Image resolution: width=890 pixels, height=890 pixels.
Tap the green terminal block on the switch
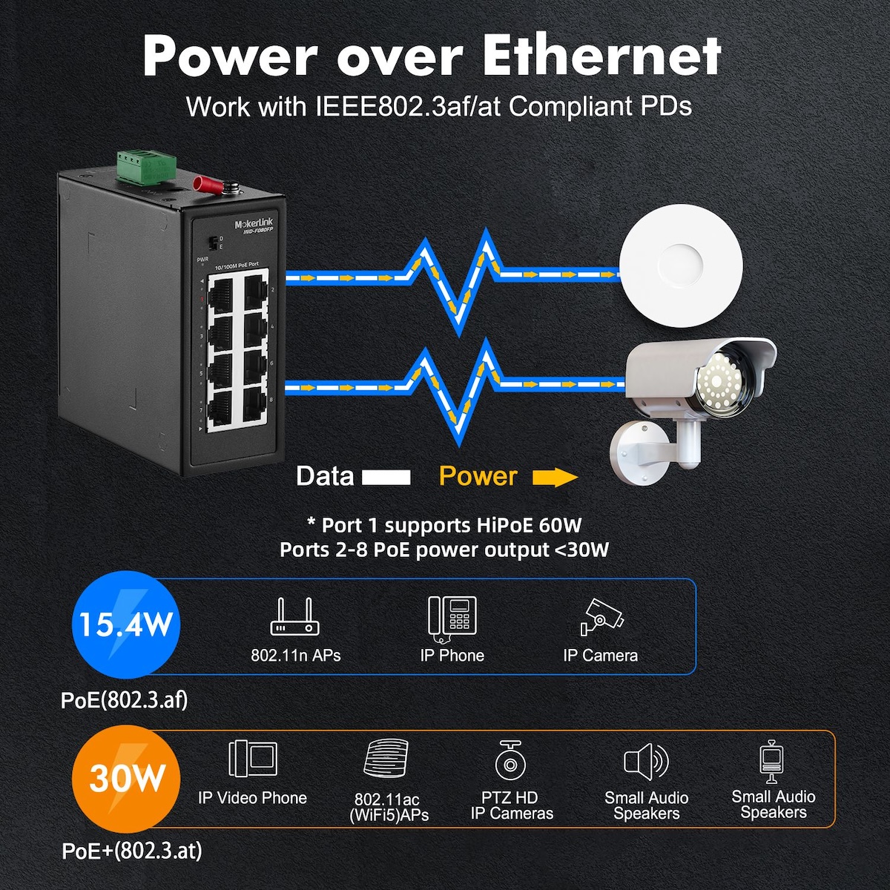click(146, 167)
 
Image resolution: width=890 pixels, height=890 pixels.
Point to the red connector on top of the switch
click(207, 184)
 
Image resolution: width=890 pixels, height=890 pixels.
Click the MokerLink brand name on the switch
click(254, 224)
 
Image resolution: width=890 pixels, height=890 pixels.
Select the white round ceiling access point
click(681, 266)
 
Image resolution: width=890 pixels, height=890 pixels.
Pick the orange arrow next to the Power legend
click(555, 477)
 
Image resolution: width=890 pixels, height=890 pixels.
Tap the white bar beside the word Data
click(386, 477)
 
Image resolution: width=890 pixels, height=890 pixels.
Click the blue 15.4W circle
click(125, 624)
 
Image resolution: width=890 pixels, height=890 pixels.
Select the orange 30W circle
click(125, 778)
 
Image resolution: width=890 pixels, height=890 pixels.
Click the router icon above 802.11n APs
click(294, 616)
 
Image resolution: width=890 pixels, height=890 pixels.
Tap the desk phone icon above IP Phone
click(452, 619)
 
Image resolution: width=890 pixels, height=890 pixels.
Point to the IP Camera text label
click(601, 656)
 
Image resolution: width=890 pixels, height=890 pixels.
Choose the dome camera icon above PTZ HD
click(510, 761)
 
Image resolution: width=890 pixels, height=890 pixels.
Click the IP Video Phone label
click(252, 797)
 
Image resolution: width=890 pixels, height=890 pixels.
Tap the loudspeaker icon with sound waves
click(646, 761)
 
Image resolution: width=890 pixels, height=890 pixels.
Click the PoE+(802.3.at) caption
click(132, 850)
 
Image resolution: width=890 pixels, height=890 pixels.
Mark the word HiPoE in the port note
click(492, 524)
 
